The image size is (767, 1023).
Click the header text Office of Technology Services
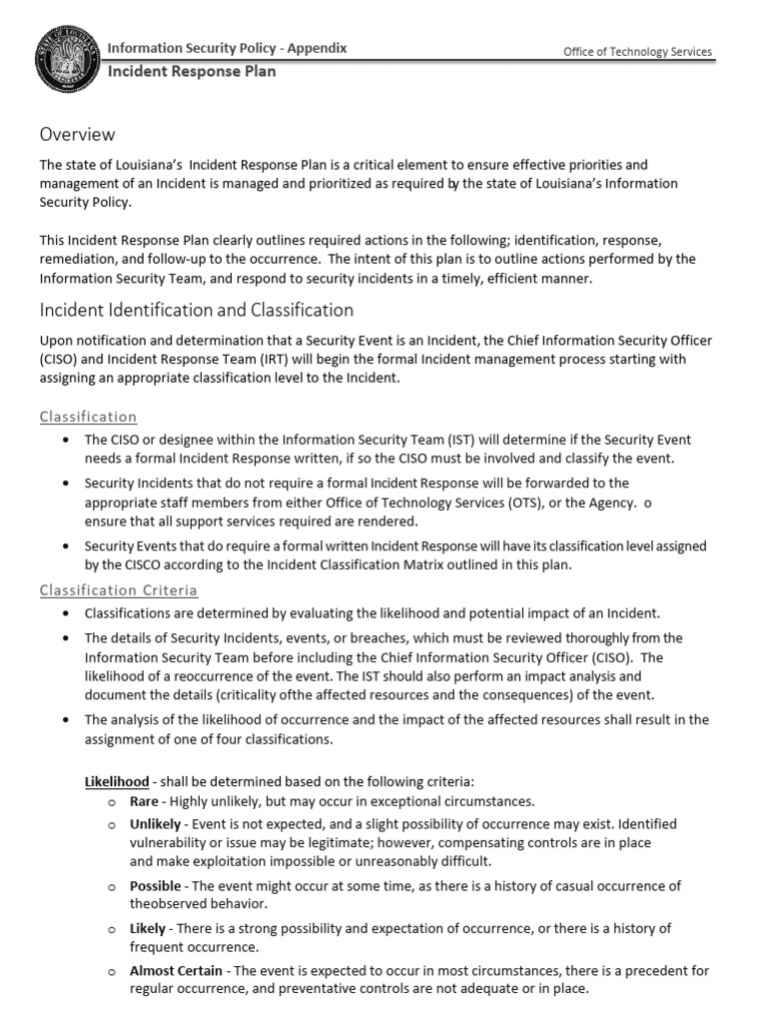[x=638, y=53]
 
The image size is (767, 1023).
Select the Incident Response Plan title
[x=192, y=72]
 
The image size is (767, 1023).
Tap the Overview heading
[x=78, y=134]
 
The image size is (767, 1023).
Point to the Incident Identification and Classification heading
[x=197, y=310]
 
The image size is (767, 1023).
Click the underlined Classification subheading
[x=88, y=417]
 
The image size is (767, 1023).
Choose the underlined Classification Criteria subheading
[x=118, y=590]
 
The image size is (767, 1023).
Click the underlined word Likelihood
[x=117, y=781]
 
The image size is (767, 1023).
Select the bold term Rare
[x=145, y=801]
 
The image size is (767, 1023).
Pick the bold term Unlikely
[x=155, y=824]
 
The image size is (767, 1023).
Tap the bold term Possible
[x=156, y=886]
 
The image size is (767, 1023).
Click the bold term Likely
[x=148, y=929]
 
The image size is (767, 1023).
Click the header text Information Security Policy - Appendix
[x=228, y=48]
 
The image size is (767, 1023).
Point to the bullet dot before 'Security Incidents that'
[x=65, y=484]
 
